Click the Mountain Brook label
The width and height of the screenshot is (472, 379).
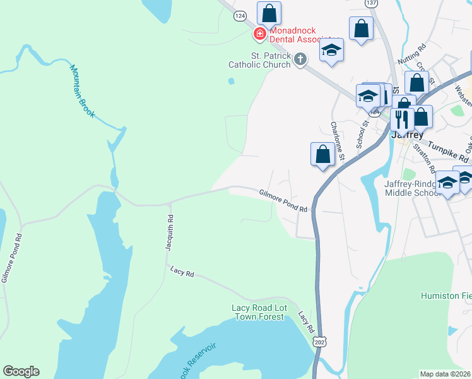coord(82,92)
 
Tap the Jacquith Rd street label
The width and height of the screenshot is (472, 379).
coord(170,233)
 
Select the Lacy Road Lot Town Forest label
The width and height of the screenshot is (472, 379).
coord(259,312)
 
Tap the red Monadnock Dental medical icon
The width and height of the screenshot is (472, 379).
coord(259,33)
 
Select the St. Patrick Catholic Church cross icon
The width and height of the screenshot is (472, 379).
coord(300,60)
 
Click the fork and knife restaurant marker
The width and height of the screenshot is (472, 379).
coord(401,118)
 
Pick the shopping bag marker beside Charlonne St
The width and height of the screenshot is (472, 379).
coord(322,154)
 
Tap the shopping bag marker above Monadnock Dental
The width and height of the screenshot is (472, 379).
coord(269,13)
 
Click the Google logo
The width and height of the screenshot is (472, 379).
coord(21,371)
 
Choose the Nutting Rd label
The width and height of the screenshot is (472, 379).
coord(412,55)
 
